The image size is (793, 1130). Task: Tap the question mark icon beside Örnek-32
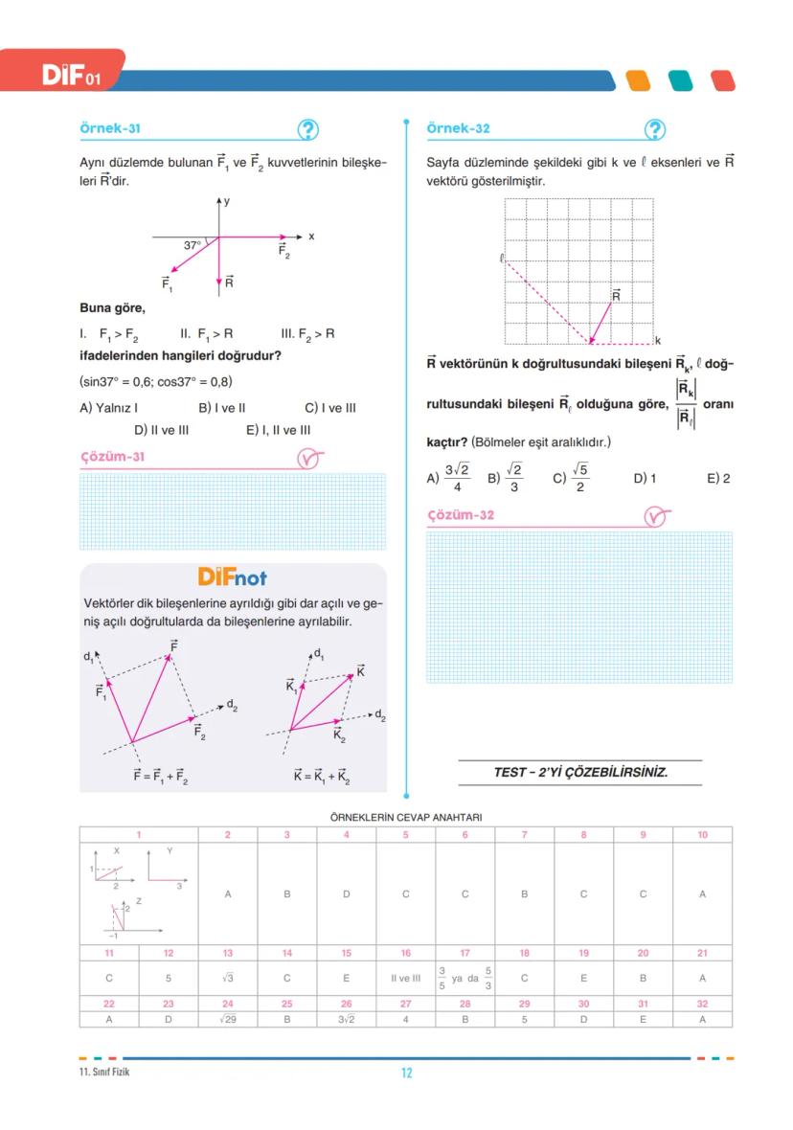(x=655, y=129)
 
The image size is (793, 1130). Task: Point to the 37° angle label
(x=193, y=245)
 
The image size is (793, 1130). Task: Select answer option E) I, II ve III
(x=278, y=430)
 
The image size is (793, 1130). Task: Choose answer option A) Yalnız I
(x=109, y=407)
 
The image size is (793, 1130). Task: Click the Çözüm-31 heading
(x=112, y=457)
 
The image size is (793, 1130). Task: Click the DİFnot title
(x=233, y=577)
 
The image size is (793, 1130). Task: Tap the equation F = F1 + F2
(x=160, y=778)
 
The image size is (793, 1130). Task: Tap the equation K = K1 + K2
(x=322, y=778)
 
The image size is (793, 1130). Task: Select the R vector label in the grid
(x=616, y=296)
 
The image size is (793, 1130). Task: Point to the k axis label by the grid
(x=658, y=341)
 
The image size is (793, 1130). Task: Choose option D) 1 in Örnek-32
(x=645, y=478)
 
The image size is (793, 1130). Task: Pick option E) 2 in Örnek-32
(x=718, y=478)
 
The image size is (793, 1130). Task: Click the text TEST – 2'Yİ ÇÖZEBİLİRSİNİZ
(x=580, y=772)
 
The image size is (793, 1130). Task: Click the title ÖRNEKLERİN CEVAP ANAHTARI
(x=405, y=817)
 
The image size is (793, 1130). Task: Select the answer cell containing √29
(x=228, y=1019)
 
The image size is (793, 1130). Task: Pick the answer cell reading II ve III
(x=405, y=979)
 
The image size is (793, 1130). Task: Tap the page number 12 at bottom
(x=406, y=1073)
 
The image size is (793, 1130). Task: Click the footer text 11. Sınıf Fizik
(x=104, y=1072)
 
